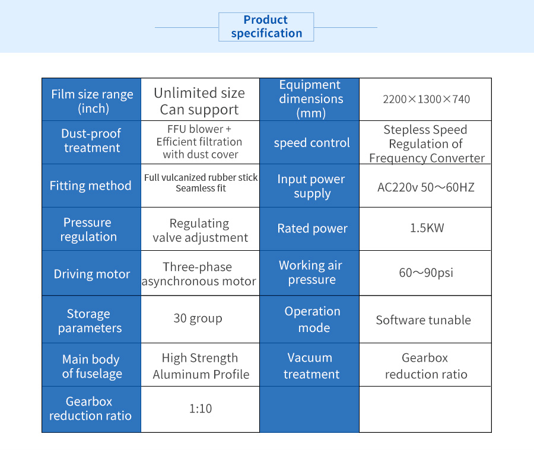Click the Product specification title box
266,27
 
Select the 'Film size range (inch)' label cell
91,100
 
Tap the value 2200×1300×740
426,99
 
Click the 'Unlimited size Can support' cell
201,100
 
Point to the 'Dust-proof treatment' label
91,141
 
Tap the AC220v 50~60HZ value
425,187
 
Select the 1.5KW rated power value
427,228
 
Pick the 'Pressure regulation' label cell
91,229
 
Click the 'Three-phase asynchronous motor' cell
201,273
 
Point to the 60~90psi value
426,273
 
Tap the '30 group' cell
201,320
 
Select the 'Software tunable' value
423,320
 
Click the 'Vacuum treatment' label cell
310,365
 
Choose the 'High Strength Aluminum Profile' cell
201,365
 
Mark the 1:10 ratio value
201,408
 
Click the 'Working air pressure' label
310,272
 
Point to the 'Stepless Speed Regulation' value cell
425,142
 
